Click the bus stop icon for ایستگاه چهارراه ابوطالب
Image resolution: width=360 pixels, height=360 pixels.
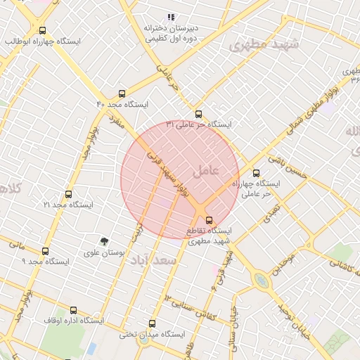43,31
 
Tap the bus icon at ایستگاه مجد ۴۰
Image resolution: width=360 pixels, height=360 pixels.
122,94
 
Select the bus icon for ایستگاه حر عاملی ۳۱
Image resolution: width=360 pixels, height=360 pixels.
198,114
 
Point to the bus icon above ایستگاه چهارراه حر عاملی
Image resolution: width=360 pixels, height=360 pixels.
255,173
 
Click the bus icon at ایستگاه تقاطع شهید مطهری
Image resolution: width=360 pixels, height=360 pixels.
208,220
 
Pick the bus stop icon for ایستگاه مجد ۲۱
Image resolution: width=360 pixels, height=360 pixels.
68,194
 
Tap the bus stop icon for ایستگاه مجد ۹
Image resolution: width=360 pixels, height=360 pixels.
46,251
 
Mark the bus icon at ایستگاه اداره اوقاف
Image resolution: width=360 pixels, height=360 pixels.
73,310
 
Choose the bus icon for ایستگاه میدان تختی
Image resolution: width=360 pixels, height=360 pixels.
153,323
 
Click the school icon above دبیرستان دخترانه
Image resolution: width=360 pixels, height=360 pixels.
170,17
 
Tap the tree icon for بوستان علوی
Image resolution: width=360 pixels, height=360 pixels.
105,242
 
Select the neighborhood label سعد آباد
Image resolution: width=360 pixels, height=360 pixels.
151,260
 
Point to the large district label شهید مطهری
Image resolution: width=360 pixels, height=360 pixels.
264,45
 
